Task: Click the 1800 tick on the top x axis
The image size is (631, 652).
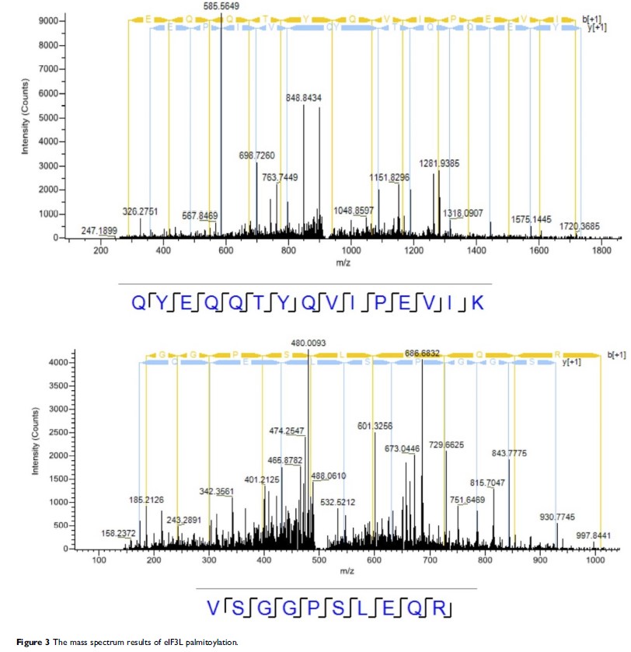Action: pyautogui.click(x=601, y=251)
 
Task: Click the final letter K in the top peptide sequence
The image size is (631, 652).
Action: pyautogui.click(x=478, y=303)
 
